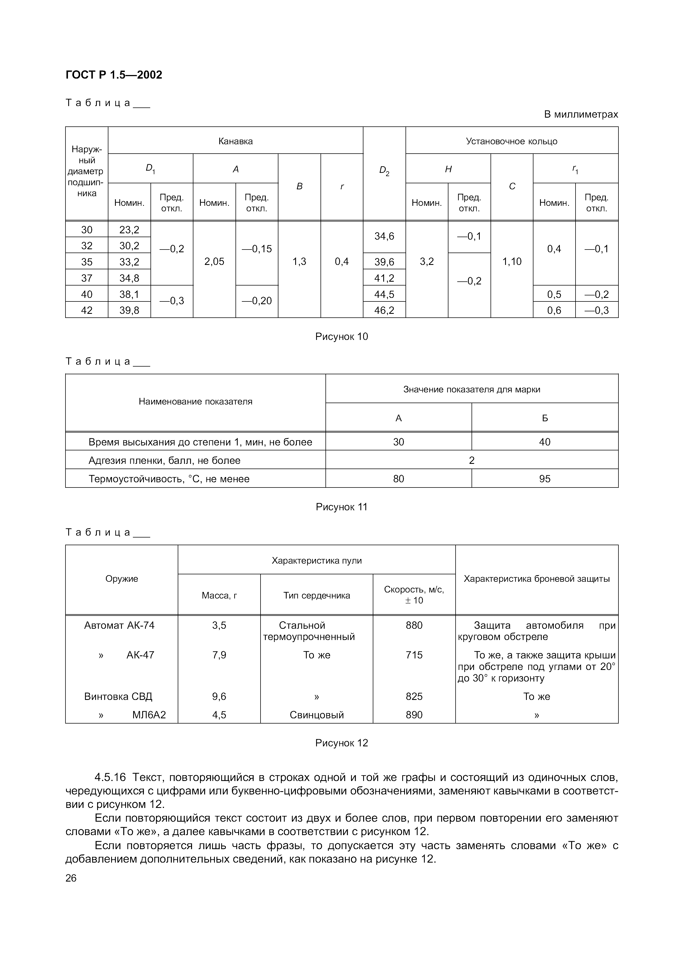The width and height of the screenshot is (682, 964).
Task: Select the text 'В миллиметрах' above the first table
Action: [581, 114]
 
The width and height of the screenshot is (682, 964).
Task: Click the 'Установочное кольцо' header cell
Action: [511, 141]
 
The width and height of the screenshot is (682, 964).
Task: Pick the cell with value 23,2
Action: [129, 230]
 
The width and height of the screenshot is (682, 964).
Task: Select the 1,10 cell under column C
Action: [511, 262]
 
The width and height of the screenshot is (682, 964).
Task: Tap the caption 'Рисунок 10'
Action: [341, 336]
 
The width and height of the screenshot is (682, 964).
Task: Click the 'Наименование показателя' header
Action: [195, 401]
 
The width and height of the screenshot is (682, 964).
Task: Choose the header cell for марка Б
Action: [545, 418]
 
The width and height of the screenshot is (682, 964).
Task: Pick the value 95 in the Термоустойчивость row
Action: [545, 479]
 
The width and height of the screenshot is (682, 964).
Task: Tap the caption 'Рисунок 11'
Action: [341, 507]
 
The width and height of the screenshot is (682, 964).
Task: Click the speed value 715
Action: [414, 655]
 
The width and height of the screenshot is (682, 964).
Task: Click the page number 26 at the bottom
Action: [71, 878]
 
